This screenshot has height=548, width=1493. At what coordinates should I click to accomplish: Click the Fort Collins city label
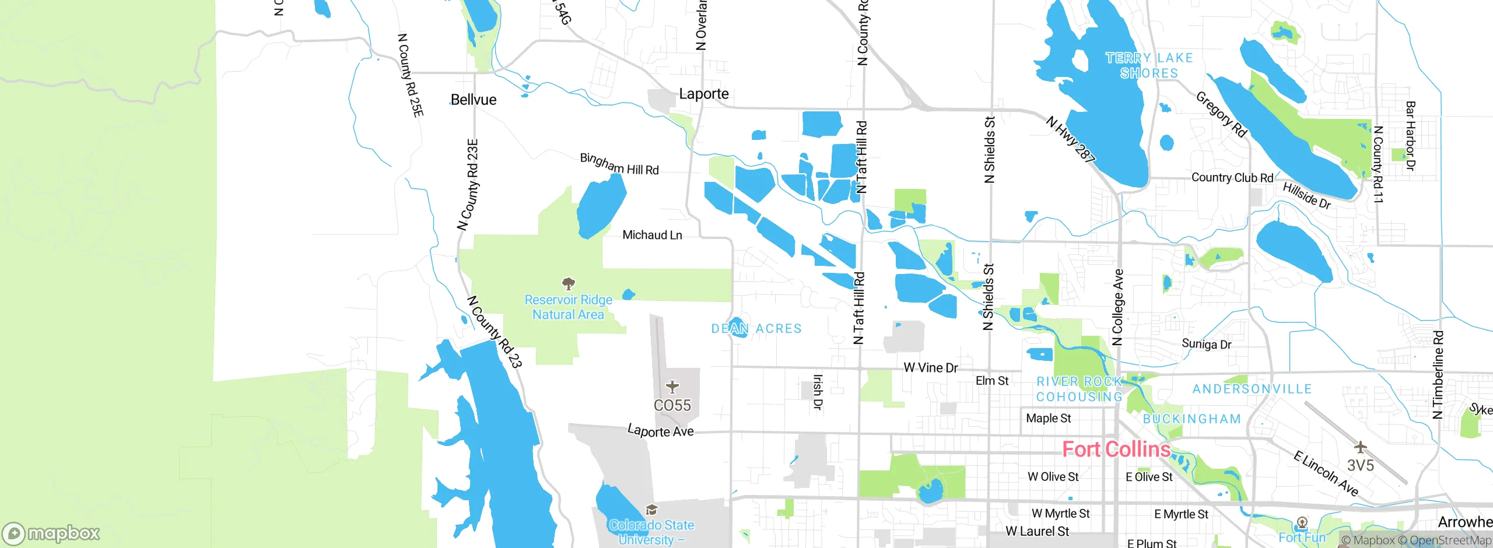point(1116,449)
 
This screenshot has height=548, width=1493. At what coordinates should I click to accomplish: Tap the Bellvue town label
point(473,100)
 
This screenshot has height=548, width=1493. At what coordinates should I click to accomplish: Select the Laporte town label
point(703,94)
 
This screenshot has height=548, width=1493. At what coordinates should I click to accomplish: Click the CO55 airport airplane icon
point(672,387)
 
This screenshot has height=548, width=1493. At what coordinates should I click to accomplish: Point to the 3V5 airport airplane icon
point(1360,447)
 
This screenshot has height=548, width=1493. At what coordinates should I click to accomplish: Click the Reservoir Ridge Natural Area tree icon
point(568,284)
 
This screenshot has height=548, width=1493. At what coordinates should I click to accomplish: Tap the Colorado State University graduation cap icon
point(651,510)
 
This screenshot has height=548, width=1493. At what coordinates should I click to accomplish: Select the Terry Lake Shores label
point(1148,65)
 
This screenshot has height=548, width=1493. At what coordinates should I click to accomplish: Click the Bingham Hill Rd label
point(619,165)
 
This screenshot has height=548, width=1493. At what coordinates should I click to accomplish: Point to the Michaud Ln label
point(651,235)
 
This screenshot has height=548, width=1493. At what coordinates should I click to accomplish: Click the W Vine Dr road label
point(930,368)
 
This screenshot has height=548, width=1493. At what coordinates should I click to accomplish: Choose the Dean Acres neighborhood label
point(756,329)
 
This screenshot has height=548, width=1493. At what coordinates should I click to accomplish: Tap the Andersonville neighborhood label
point(1252,389)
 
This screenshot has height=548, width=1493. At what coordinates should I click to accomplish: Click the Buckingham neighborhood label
point(1191,419)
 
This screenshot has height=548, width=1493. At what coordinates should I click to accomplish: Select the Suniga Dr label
point(1206,344)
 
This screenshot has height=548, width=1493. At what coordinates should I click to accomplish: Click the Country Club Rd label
point(1232,178)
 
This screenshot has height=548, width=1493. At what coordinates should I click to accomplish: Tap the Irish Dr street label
point(818,392)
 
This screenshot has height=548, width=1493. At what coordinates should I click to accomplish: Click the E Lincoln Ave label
point(1325,473)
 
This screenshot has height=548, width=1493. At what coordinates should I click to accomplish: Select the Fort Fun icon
point(1302,522)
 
